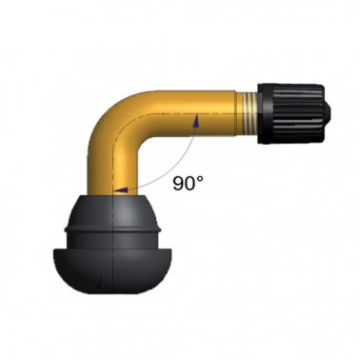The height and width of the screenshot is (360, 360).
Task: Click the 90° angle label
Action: pos(187,183)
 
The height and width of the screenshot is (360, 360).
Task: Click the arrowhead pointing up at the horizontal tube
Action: pos(195,119)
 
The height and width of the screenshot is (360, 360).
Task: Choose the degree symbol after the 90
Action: pos(202,177)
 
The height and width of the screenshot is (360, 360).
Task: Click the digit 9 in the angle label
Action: pos(177,184)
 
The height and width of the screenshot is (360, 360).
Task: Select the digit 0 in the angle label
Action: pos(190,184)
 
